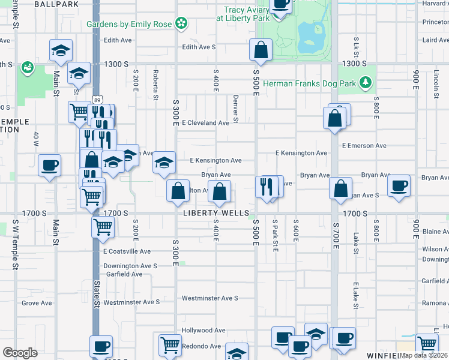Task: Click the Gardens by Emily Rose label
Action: pos(129,24)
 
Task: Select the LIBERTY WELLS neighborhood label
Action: pos(216,213)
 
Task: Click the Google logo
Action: pos(20,352)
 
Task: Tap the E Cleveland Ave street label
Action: pos(205,122)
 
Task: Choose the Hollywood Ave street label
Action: pos(203,330)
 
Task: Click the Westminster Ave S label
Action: pos(210,298)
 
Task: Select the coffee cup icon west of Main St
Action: pos(49,165)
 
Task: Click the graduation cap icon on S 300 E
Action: pos(164,162)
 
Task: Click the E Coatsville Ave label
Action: pos(127,251)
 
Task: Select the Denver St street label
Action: pos(236,109)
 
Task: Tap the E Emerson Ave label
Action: pos(364,146)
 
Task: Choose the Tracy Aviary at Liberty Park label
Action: pos(248,14)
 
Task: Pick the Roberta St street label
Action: pos(155,86)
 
